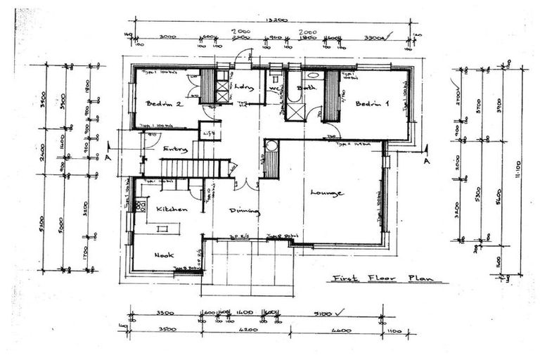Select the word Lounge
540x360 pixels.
coord(326,193)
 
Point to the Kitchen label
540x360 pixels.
coord(171,209)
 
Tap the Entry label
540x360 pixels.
coord(174,149)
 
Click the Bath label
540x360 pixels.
coord(306,88)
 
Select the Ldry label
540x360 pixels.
coord(243,87)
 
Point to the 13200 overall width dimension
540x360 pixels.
coord(276,21)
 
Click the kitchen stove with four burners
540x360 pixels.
coord(140,206)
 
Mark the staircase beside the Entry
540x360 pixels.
coord(187,168)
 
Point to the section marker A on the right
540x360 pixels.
coord(425,160)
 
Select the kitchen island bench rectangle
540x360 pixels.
coord(163,229)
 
